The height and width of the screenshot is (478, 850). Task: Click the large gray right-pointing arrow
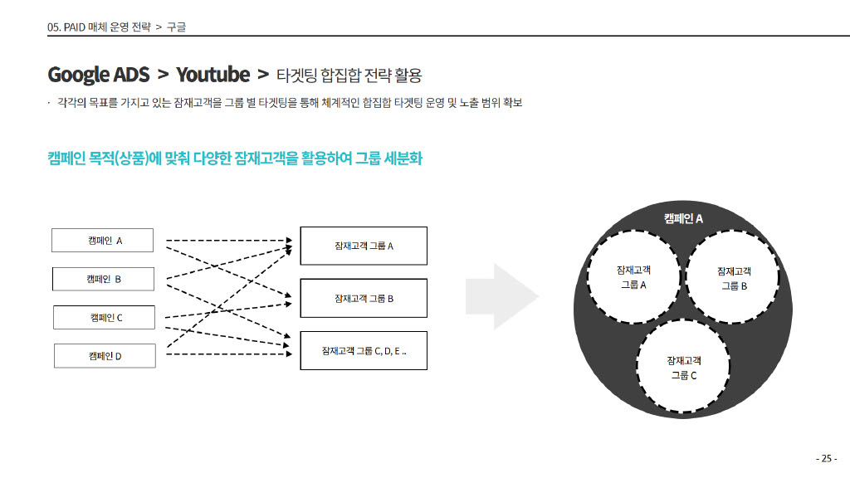pyautogui.click(x=502, y=296)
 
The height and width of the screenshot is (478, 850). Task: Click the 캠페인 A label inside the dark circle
pyautogui.click(x=683, y=218)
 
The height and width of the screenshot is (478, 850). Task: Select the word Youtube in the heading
pyautogui.click(x=213, y=75)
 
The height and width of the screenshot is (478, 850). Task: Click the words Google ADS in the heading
pyautogui.click(x=99, y=75)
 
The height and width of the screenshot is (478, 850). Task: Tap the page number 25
pyautogui.click(x=827, y=458)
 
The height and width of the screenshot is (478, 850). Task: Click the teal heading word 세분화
pyautogui.click(x=403, y=159)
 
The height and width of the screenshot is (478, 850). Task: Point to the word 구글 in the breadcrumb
pyautogui.click(x=176, y=27)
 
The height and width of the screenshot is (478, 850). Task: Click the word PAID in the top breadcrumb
pyautogui.click(x=74, y=27)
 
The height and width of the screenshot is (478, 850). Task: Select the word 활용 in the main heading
pyautogui.click(x=408, y=75)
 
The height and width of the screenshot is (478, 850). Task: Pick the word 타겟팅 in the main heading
pyautogui.click(x=296, y=75)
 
